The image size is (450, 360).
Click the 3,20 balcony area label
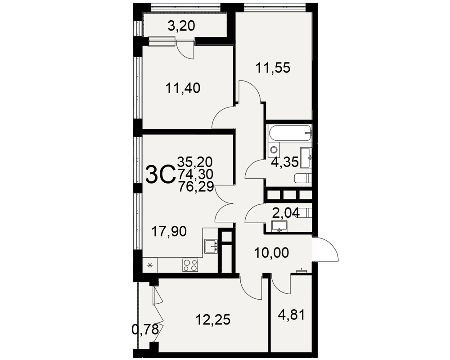tap(181, 26)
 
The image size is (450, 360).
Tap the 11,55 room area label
tap(273, 68)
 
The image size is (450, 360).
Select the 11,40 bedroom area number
tap(183, 88)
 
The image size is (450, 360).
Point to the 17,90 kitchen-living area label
tap(169, 231)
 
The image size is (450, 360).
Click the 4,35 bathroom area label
tap(285, 162)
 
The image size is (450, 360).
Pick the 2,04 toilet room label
tap(286, 213)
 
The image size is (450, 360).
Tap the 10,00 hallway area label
tap(271, 253)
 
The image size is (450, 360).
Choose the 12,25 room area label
tap(213, 319)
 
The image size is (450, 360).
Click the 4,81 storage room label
tap(291, 315)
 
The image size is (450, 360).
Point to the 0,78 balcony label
tap(145, 329)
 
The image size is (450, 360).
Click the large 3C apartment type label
tap(160, 175)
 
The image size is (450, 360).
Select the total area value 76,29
tap(196, 187)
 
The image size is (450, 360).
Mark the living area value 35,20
tap(195, 162)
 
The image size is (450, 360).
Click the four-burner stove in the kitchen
tap(190, 265)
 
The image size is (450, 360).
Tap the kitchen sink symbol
tap(211, 246)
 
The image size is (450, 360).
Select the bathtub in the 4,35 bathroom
tap(290, 133)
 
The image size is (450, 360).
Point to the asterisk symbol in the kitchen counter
tap(150, 265)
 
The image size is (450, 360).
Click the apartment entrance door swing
tap(325, 249)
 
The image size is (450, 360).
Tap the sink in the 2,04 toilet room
tap(279, 226)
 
